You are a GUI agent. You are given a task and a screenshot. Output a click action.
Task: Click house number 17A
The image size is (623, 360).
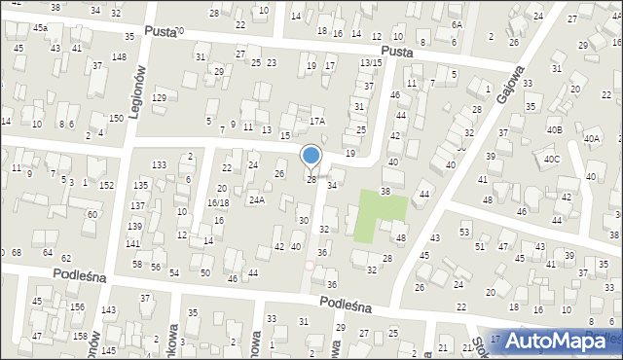click(316, 122)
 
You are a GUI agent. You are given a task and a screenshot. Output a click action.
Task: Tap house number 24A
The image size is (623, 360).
click(256, 199)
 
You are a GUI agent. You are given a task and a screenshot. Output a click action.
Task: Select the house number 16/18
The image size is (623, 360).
click(217, 202)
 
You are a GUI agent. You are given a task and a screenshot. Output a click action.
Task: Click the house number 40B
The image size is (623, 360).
click(554, 129)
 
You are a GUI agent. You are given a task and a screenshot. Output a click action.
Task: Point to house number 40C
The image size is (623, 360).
click(552, 159)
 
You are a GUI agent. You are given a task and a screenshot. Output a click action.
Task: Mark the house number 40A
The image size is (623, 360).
click(592, 139)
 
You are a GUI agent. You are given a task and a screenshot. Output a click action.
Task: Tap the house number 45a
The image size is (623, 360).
click(40, 28)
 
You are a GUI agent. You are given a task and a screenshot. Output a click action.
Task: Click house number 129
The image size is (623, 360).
click(159, 98)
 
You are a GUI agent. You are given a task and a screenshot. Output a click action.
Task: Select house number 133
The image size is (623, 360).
click(159, 165)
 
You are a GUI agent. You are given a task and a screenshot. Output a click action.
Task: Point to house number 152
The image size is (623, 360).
click(107, 185)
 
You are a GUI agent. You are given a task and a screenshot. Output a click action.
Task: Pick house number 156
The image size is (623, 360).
click(76, 307)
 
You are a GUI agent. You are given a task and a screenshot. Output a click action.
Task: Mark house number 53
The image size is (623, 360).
click(464, 232)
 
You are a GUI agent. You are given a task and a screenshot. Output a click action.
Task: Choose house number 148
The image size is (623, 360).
click(119, 57)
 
